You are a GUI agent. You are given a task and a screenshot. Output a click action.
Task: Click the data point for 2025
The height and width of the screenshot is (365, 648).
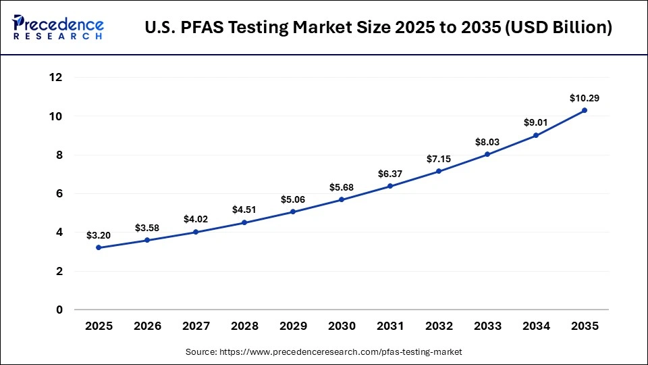99,247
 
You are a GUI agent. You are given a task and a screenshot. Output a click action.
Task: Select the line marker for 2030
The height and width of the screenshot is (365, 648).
342,199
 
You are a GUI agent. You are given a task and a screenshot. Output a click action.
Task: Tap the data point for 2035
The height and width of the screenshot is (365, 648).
585,110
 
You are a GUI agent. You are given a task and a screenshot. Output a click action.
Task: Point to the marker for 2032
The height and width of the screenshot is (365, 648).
439,171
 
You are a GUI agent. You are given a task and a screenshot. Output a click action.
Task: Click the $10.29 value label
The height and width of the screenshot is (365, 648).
585,98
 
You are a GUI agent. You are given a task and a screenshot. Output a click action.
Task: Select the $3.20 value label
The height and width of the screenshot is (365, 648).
99,235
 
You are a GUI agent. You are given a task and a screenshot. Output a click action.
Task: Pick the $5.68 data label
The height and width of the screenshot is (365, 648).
342,187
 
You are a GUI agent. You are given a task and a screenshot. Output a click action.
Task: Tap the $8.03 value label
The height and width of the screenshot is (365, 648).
487,142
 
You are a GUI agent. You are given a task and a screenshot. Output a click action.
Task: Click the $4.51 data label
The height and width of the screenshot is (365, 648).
244,210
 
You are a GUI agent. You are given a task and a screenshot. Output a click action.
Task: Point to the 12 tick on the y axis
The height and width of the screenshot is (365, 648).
56,78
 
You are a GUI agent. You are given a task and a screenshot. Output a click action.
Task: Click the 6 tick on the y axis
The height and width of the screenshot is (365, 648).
59,193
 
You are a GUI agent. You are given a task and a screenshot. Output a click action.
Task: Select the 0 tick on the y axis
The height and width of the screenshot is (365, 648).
59,310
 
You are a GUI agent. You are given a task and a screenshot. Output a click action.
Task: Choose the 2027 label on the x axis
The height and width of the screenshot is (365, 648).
196,326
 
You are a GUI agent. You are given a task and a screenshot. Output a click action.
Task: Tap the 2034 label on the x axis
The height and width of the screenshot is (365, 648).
536,326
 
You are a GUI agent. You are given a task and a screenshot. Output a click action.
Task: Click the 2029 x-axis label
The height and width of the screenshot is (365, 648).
293,326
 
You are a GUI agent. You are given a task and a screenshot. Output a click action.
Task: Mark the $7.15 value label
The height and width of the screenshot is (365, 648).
439,158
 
